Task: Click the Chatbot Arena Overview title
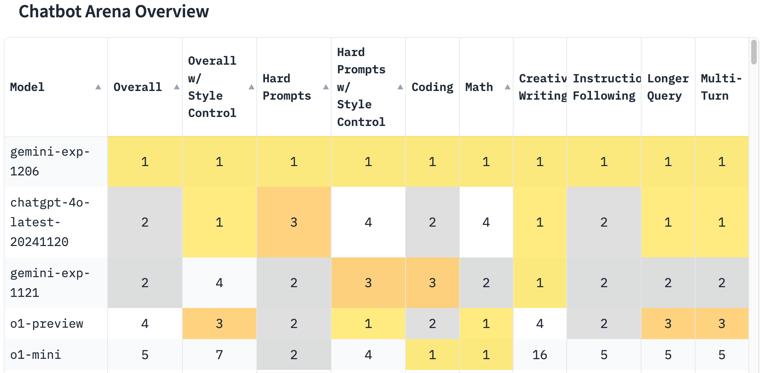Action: [113, 11]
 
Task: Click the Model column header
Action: [27, 87]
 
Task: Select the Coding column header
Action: [432, 87]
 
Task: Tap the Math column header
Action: [479, 87]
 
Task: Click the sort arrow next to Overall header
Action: [176, 87]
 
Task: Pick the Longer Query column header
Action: [667, 87]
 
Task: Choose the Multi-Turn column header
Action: [721, 87]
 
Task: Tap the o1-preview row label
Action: [47, 324]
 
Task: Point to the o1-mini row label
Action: [36, 355]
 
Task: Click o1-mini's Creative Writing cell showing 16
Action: [539, 355]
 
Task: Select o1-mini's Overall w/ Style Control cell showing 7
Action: [219, 355]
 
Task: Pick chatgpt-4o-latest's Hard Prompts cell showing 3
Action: [294, 222]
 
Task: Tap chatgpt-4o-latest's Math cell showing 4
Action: [486, 222]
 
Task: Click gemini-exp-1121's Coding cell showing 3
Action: [432, 283]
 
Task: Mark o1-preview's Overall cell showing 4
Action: [145, 324]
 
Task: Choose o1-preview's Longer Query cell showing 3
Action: [667, 324]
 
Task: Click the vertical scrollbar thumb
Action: [754, 52]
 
